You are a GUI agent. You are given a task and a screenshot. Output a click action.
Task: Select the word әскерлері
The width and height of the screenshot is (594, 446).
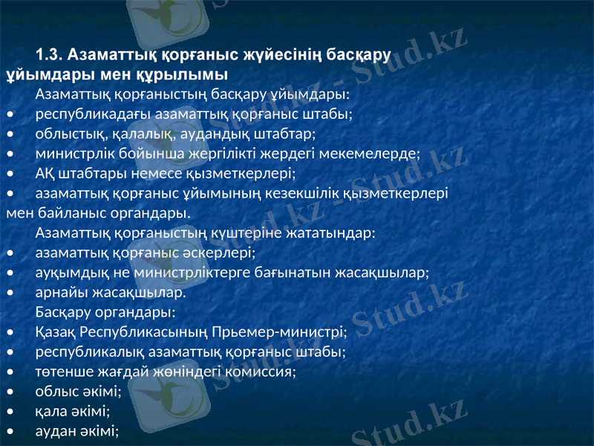(x=226, y=252)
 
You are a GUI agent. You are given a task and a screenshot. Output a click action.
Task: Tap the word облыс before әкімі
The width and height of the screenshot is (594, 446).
(x=54, y=390)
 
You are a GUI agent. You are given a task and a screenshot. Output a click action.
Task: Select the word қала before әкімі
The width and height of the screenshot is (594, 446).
(x=49, y=410)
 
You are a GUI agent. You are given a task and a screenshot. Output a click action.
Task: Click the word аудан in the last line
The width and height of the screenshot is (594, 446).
(x=54, y=430)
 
